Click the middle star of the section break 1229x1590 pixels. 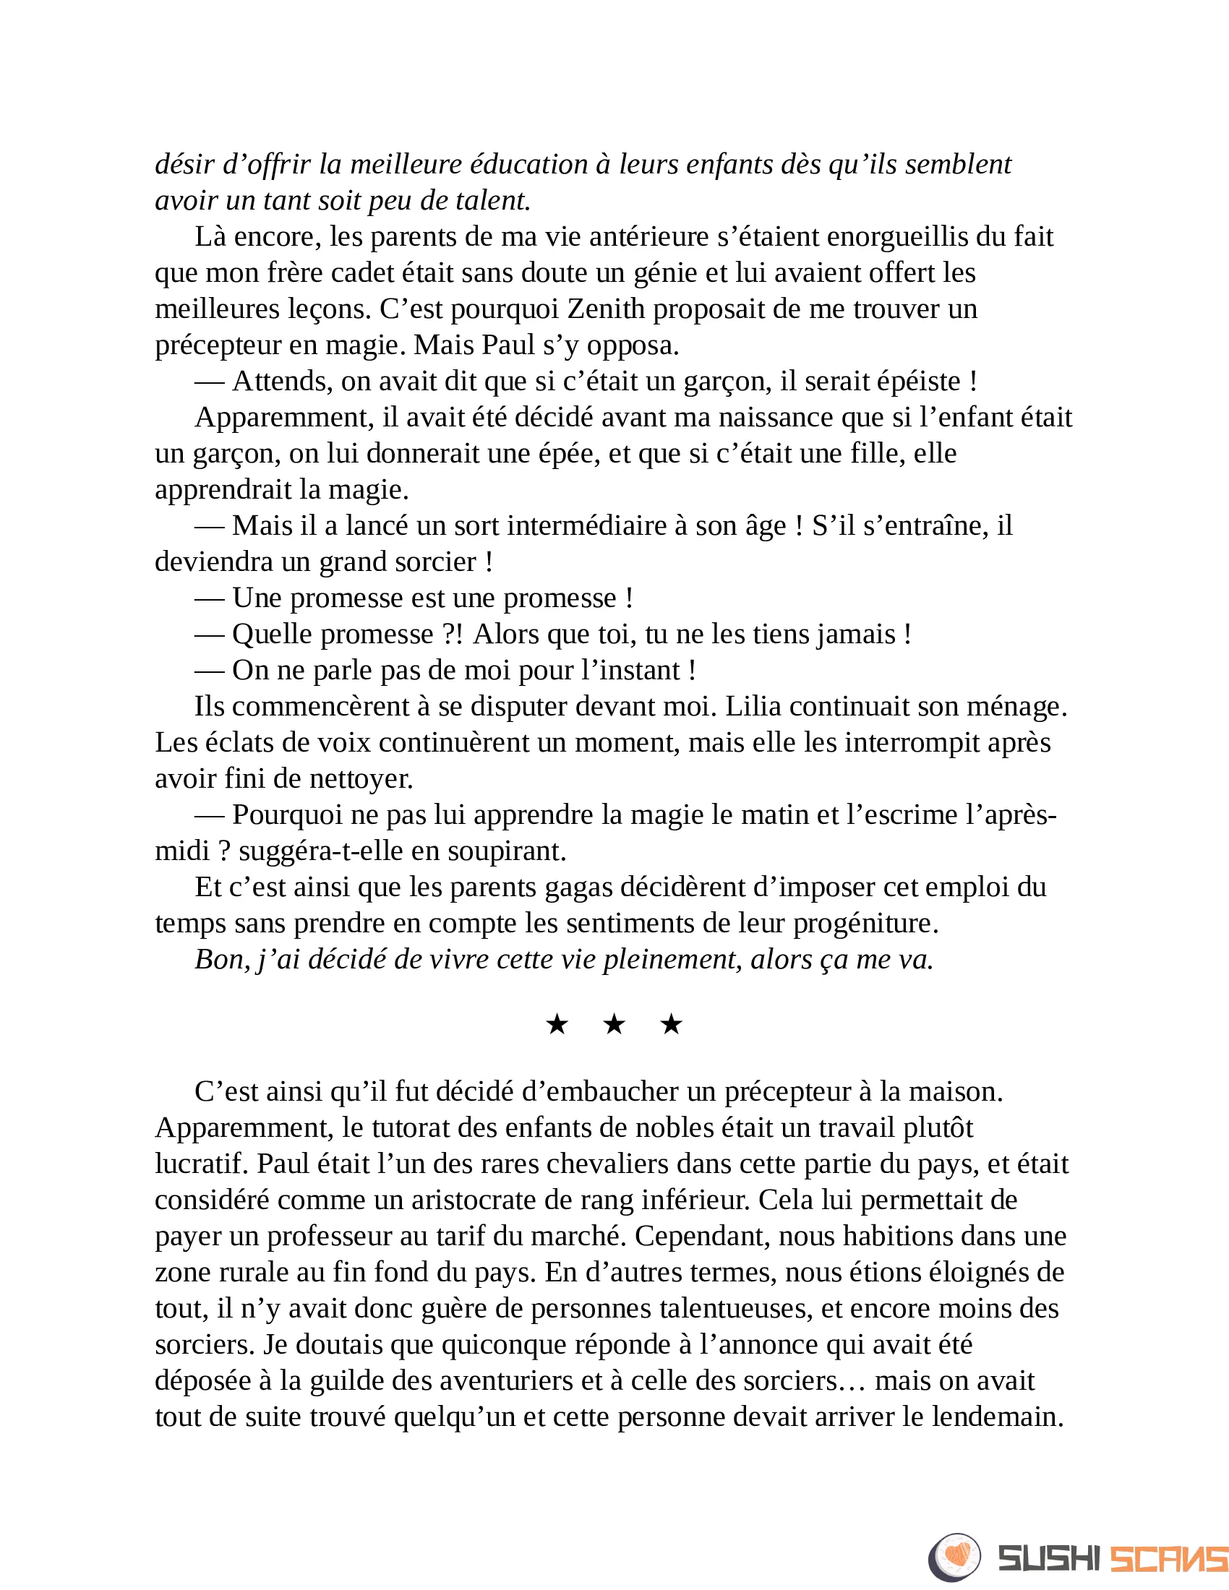tap(614, 1025)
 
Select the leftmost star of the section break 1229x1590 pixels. tap(557, 1025)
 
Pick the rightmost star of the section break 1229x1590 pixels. tap(671, 1025)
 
